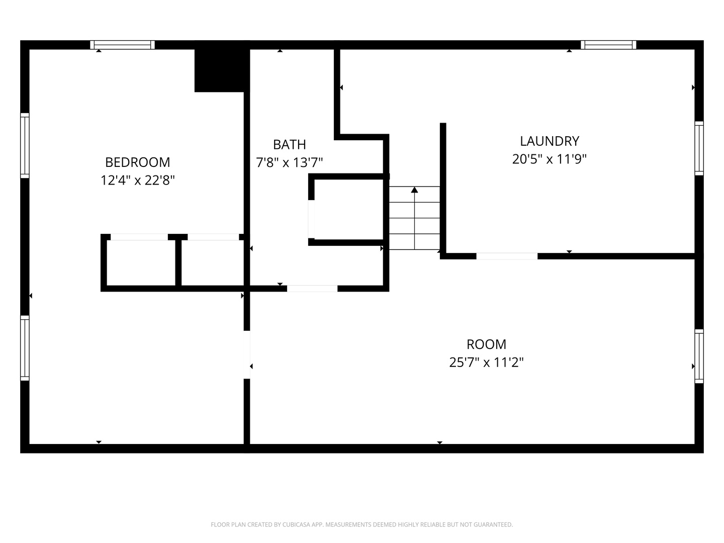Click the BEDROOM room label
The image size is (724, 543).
tap(138, 162)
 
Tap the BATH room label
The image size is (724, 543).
tap(289, 144)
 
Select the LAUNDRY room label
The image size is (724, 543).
tap(550, 141)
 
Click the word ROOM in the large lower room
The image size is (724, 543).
tap(486, 344)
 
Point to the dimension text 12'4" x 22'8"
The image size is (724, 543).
tap(138, 180)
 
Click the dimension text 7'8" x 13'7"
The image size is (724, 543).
tap(289, 162)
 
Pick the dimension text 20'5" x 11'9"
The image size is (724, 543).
tap(550, 159)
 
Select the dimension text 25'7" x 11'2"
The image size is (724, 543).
tap(486, 363)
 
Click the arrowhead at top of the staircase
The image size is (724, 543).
tap(415, 190)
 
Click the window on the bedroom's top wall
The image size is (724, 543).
tap(122, 45)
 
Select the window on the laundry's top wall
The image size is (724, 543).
tap(608, 45)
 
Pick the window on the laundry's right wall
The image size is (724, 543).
tap(699, 148)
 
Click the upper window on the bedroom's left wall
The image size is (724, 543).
tap(25, 145)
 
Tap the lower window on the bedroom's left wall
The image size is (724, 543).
tap(25, 348)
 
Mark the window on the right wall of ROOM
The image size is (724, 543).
tap(699, 356)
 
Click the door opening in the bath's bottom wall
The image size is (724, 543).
tap(312, 289)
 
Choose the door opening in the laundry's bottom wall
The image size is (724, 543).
tap(507, 256)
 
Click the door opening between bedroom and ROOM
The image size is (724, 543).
tap(247, 355)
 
